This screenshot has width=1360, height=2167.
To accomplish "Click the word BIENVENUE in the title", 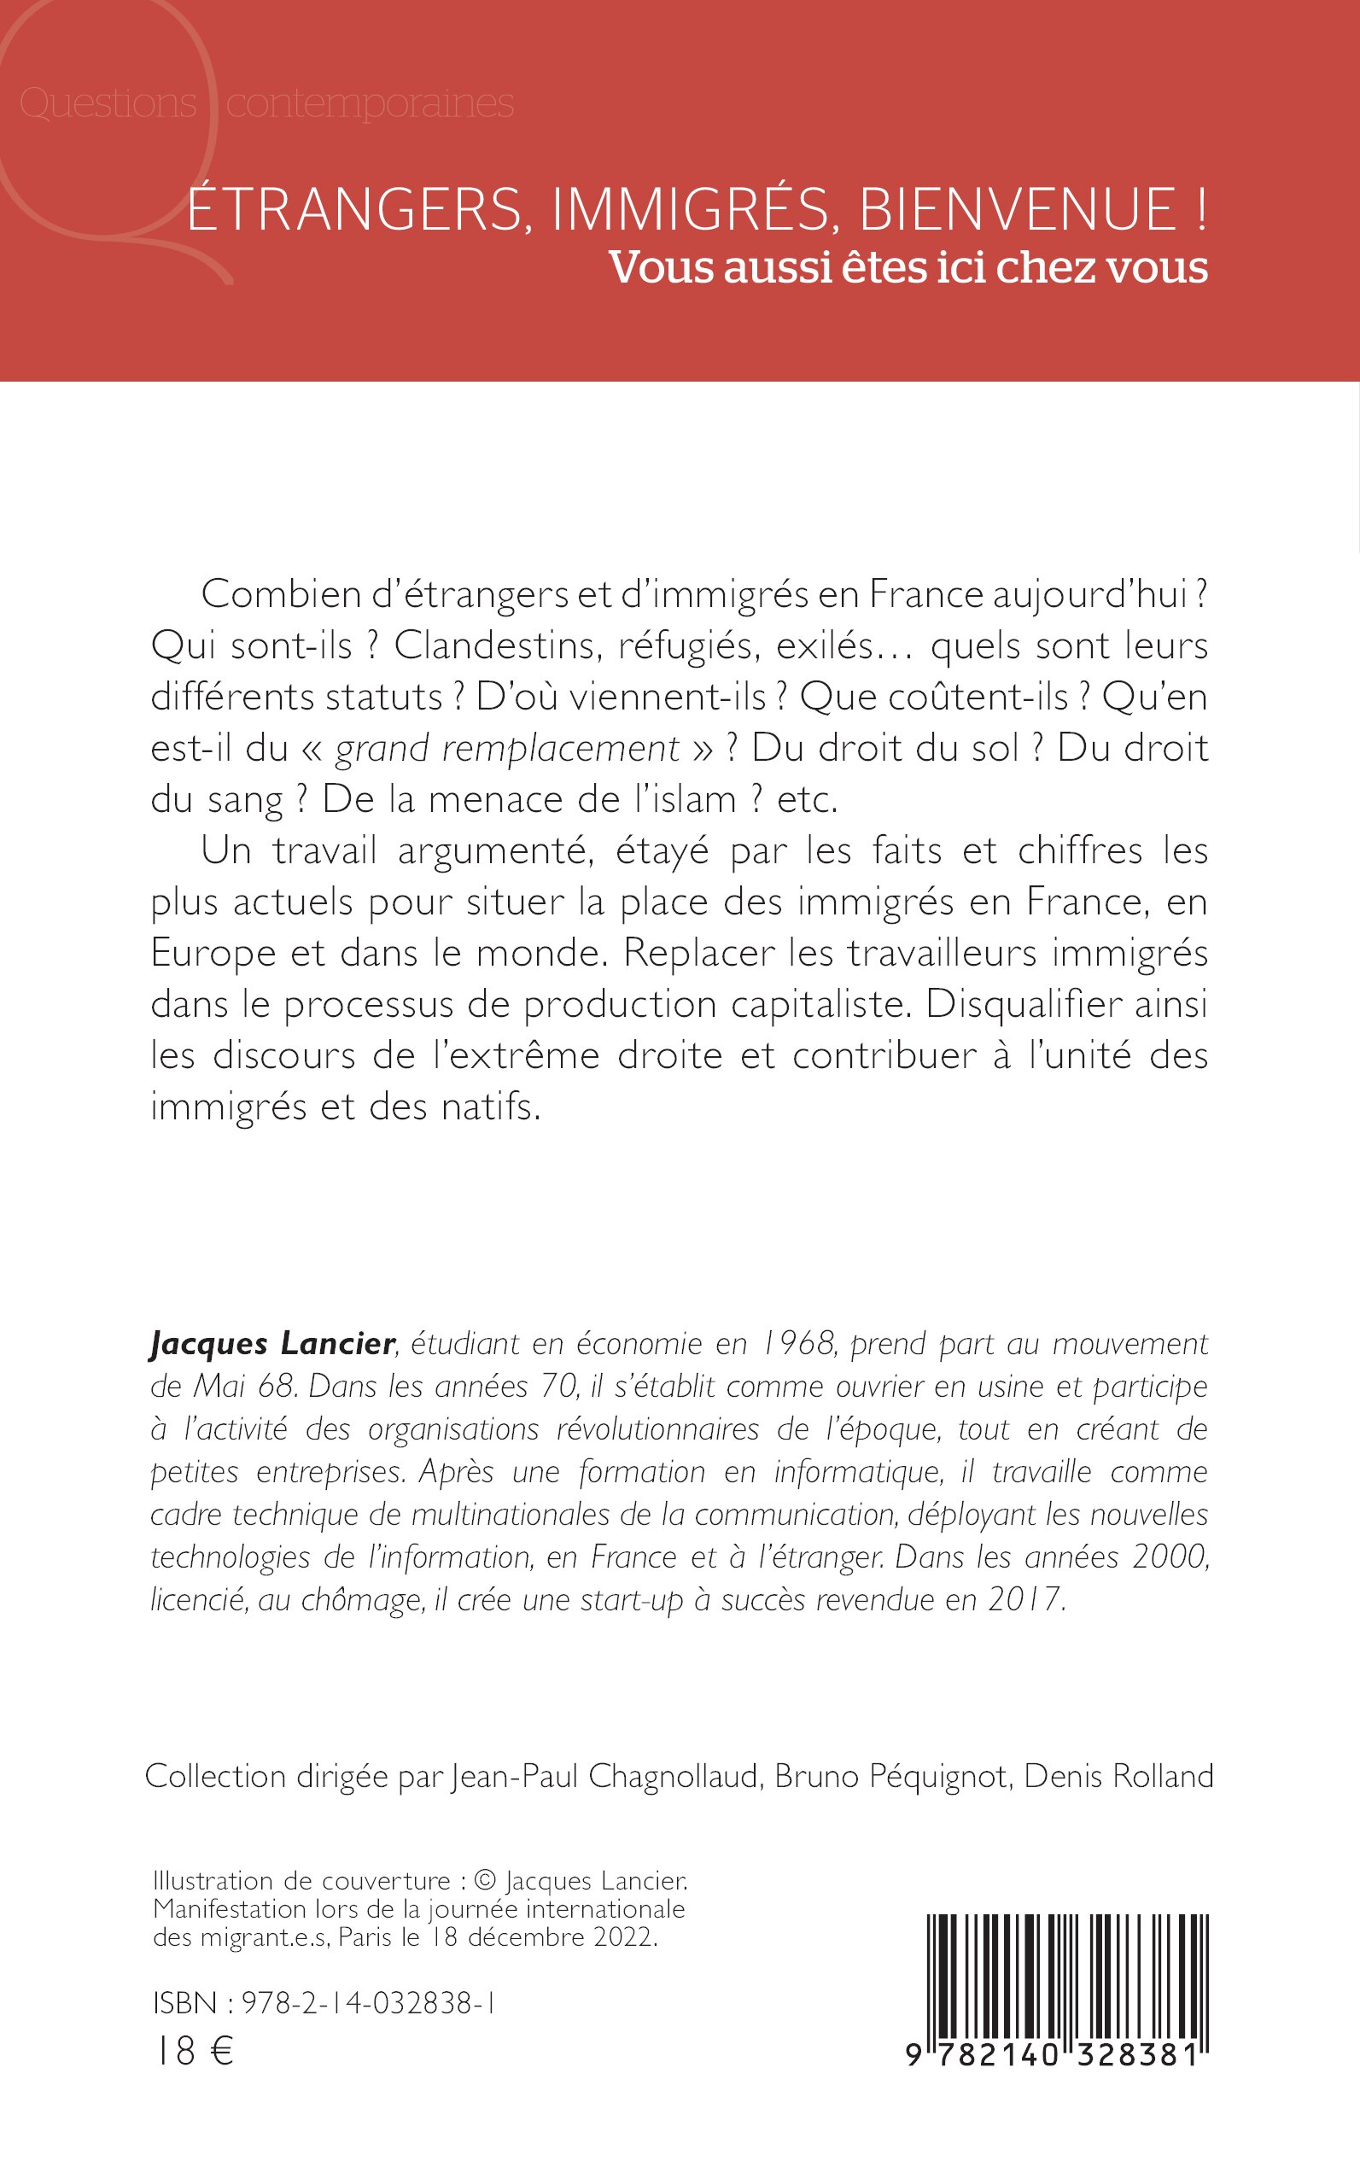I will (1017, 208).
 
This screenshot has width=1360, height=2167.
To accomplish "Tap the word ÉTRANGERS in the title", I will (353, 208).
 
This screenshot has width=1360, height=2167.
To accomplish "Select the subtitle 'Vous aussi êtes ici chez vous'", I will (908, 267).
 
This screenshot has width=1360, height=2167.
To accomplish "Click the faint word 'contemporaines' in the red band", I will (370, 103).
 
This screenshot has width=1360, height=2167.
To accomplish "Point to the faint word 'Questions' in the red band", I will (108, 103).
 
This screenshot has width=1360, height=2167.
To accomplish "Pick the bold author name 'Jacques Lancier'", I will (272, 1344).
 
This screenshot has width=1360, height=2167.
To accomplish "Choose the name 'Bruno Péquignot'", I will (890, 1777).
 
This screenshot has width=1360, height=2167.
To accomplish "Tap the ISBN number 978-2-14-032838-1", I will (368, 2003).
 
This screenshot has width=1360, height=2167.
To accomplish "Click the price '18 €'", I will (196, 2052).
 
